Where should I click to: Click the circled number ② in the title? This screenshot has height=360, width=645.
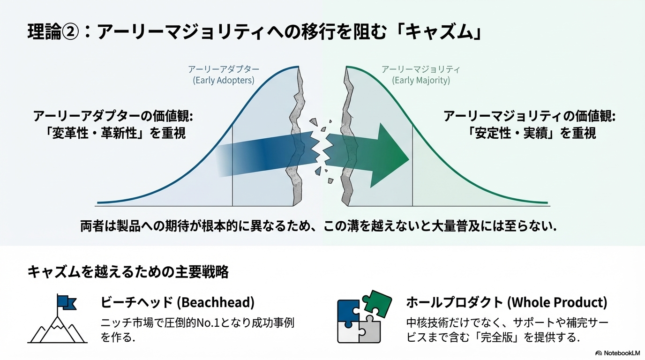click(x=70, y=32)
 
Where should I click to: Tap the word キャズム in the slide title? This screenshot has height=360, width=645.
click(x=440, y=32)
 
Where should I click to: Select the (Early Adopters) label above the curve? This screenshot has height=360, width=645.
click(x=224, y=80)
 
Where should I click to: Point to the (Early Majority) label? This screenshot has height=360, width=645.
click(x=420, y=80)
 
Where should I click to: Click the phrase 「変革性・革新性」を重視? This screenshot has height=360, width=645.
click(x=115, y=133)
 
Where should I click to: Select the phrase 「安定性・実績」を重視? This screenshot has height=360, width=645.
click(x=531, y=133)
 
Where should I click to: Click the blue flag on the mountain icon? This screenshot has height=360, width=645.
click(x=67, y=302)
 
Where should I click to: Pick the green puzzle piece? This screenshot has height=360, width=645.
click(x=377, y=303)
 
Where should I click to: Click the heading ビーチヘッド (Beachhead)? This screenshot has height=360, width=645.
click(x=177, y=302)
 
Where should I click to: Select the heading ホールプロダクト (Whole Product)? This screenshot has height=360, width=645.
click(x=507, y=302)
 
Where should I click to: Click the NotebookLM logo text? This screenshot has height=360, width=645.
click(x=622, y=353)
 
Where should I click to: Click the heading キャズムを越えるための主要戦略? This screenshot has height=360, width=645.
click(x=128, y=272)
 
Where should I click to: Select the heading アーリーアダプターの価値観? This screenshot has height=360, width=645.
click(x=113, y=117)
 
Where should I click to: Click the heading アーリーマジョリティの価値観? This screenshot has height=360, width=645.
click(x=530, y=117)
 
